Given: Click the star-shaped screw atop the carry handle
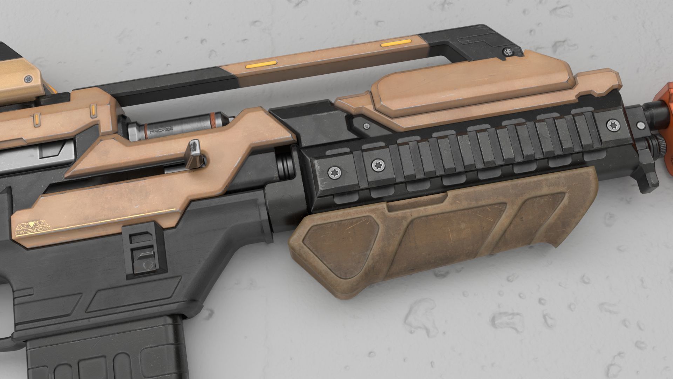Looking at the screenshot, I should pyautogui.click(x=508, y=52).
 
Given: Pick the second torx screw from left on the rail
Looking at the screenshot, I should pyautogui.click(x=378, y=164).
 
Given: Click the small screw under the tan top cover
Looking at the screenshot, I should pyautogui.click(x=367, y=126).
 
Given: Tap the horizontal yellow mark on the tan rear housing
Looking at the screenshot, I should pyautogui.click(x=36, y=121).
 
